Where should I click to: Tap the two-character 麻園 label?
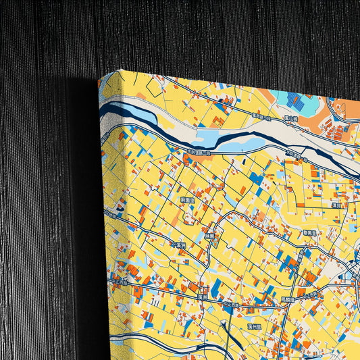click(x=209, y=236)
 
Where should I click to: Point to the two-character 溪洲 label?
click(x=201, y=297)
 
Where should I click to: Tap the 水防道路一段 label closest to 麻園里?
click(x=198, y=153)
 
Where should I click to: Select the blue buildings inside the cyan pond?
click(x=294, y=101)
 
